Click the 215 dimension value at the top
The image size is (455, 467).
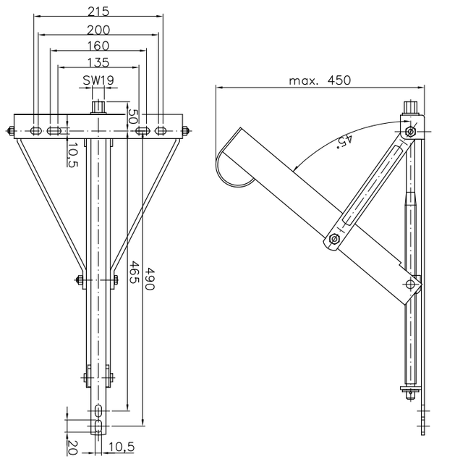pos(98,12)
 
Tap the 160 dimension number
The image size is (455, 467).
pos(98,46)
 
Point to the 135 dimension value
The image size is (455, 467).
pos(98,63)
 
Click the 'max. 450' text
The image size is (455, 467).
pos(320,80)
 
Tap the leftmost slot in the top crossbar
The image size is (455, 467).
pos(35,131)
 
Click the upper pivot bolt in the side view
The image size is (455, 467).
pos(410,132)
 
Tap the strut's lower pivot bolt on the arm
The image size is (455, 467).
pos(333,239)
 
